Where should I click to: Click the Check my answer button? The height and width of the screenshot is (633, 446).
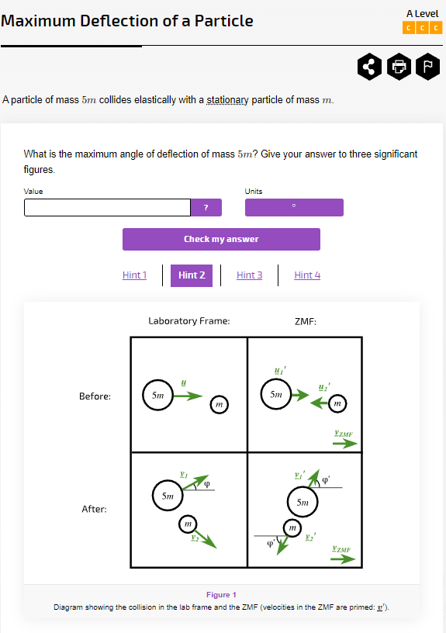tap(221, 239)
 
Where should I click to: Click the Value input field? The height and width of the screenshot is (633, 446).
tap(107, 207)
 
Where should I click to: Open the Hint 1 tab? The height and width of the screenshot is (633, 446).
tap(134, 275)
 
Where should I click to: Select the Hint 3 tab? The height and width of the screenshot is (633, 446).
tap(249, 275)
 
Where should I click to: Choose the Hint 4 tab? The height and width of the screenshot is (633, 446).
tap(307, 275)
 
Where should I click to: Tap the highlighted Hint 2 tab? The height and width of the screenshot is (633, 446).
tap(192, 275)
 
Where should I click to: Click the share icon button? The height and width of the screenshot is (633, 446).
tap(370, 67)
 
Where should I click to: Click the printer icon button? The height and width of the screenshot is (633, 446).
tap(399, 67)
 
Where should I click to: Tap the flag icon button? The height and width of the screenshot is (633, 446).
tap(427, 67)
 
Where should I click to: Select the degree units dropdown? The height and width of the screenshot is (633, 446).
tap(294, 207)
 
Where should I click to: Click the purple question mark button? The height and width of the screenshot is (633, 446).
tap(206, 207)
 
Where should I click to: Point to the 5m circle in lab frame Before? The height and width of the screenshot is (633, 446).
tap(157, 395)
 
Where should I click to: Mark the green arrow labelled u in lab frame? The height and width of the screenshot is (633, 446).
tap(186, 395)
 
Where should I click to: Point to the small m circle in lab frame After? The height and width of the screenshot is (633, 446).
tap(188, 524)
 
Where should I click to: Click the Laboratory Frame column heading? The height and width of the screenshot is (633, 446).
tap(188, 320)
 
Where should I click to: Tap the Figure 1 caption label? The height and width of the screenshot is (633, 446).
tap(221, 595)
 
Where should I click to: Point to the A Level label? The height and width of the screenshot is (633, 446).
tap(422, 14)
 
